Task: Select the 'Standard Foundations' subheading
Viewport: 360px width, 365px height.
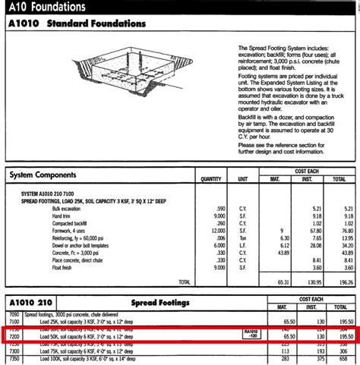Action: coord(96,24)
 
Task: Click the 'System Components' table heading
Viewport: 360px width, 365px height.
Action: coord(47,175)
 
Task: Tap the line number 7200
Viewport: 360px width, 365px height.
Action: coord(13,335)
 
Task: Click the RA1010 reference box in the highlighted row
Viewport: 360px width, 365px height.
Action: coord(251,334)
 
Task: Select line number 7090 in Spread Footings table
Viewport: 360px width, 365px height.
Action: coord(13,313)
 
